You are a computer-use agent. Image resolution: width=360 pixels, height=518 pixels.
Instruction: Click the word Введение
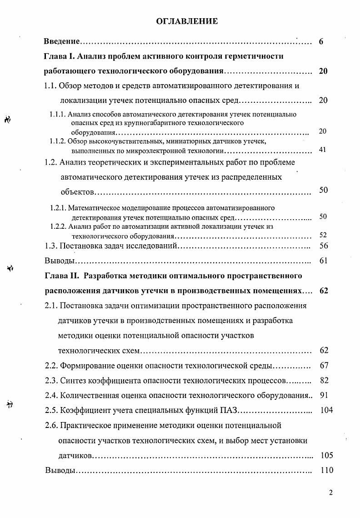[62, 41]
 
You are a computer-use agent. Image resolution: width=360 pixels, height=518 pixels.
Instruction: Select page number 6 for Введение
[321, 42]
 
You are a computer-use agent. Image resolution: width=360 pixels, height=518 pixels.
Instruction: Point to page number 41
[323, 150]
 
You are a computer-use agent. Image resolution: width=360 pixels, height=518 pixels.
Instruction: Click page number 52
[323, 235]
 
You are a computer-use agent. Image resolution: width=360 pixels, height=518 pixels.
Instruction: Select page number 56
[324, 246]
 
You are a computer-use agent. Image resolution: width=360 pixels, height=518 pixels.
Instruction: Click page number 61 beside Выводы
[324, 261]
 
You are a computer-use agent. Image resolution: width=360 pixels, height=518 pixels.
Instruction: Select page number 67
[324, 365]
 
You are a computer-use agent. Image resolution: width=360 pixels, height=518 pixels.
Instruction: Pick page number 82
[324, 380]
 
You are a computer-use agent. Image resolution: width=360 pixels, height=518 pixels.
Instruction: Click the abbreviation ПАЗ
[226, 410]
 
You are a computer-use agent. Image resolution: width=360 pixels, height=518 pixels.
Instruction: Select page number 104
[326, 410]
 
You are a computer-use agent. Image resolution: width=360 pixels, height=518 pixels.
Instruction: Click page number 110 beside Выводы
[326, 470]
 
